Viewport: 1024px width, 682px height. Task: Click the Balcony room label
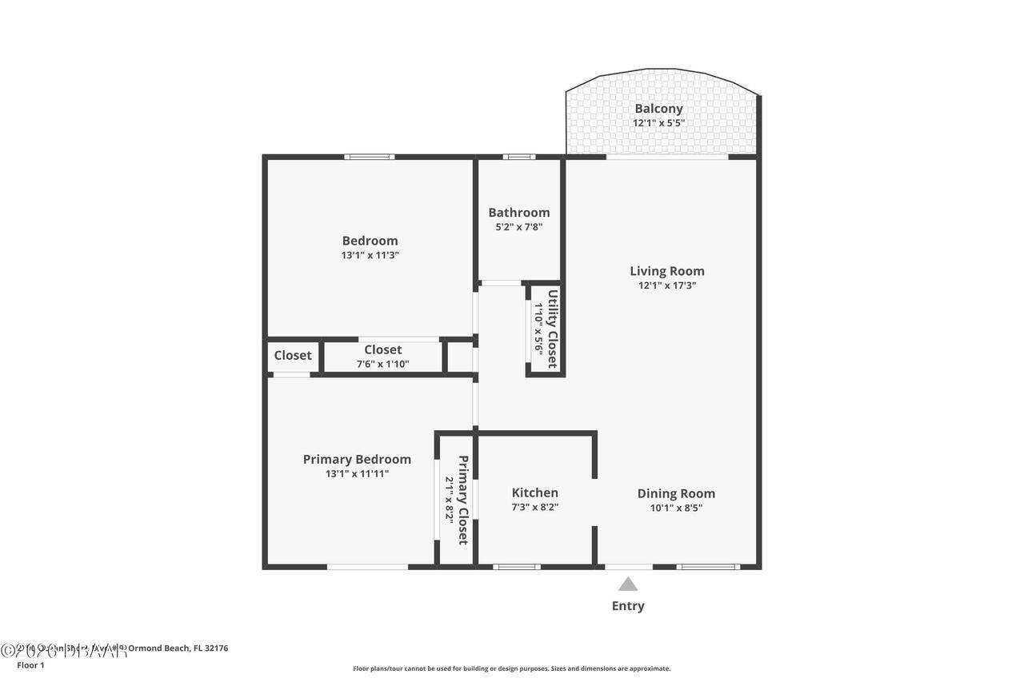pos(658,109)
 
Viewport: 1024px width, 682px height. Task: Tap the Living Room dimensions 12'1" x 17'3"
pos(666,285)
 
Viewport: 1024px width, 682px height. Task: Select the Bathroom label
pos(519,213)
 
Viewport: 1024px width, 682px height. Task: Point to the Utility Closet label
pos(552,329)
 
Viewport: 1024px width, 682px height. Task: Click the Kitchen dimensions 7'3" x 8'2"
pos(534,507)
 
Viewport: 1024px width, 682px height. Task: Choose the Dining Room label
pos(676,493)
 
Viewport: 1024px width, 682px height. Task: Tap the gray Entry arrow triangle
pos(628,584)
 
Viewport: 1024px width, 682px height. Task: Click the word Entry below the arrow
pos(628,606)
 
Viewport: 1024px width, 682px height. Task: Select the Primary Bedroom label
pos(357,459)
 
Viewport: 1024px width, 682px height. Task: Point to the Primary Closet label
pos(462,500)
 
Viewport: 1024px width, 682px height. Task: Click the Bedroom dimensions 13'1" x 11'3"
pos(370,256)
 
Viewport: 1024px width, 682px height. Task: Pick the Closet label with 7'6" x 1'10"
pos(382,349)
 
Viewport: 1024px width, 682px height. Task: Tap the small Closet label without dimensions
pos(293,355)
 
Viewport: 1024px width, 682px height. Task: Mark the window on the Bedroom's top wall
pos(369,157)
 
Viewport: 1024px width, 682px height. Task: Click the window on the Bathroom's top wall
pos(519,157)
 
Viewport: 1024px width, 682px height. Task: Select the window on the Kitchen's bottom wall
pos(516,567)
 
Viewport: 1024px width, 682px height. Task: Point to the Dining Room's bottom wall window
pos(707,567)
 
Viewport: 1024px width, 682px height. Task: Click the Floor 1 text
pos(30,664)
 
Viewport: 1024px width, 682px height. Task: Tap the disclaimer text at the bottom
pos(512,668)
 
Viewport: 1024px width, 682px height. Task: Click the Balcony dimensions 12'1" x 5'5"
pos(658,123)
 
